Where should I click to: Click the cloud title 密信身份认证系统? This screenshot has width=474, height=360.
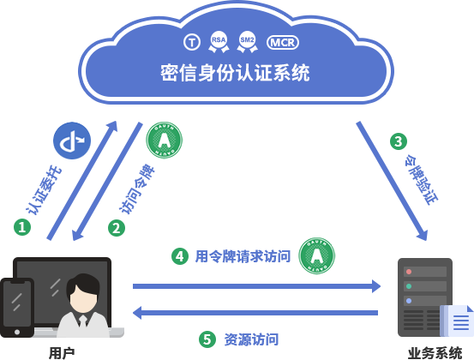pyautogui.click(x=235, y=71)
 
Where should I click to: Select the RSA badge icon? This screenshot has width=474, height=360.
pyautogui.click(x=219, y=41)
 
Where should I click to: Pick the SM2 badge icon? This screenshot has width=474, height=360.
pyautogui.click(x=247, y=41)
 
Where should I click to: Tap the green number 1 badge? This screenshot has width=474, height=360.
pyautogui.click(x=22, y=227)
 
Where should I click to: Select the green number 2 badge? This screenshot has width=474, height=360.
pyautogui.click(x=117, y=228)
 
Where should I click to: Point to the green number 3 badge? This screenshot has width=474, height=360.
pyautogui.click(x=398, y=141)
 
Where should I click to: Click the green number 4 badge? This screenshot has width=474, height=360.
pyautogui.click(x=179, y=255)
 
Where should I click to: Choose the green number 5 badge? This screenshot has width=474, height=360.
pyautogui.click(x=207, y=339)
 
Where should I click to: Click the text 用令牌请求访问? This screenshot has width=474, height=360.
pyautogui.click(x=243, y=255)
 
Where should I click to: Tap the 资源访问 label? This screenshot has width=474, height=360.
pyautogui.click(x=251, y=339)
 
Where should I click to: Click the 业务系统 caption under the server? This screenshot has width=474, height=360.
pyautogui.click(x=435, y=352)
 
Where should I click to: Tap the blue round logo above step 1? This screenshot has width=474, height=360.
pyautogui.click(x=71, y=141)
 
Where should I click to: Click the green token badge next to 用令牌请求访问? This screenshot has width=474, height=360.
pyautogui.click(x=316, y=255)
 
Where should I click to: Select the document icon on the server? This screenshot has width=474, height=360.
pyautogui.click(x=457, y=321)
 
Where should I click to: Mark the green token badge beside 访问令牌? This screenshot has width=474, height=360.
pyautogui.click(x=164, y=140)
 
